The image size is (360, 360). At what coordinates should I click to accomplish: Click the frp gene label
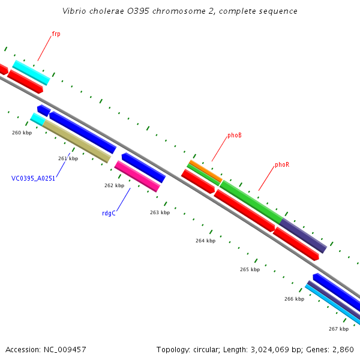click(56, 34)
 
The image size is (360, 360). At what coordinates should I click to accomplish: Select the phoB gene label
click(235, 136)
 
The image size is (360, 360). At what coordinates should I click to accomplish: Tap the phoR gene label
click(282, 164)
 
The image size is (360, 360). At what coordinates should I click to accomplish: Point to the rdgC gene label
click(109, 212)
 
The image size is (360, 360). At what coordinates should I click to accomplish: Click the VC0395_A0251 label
click(33, 178)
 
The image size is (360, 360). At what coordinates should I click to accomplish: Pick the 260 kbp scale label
click(22, 133)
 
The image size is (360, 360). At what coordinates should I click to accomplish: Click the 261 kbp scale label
click(68, 158)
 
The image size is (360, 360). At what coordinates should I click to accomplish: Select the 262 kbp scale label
click(114, 185)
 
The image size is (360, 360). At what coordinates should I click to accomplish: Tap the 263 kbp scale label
click(160, 212)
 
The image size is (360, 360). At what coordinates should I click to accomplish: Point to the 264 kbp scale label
click(205, 241)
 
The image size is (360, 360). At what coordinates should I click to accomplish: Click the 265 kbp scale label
click(250, 269)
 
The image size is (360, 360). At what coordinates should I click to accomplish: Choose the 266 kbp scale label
click(294, 299)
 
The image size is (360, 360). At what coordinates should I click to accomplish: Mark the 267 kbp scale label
click(338, 329)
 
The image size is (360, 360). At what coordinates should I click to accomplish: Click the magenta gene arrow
click(137, 176)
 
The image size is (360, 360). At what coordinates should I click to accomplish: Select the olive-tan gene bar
click(76, 141)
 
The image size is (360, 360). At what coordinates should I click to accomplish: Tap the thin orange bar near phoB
click(205, 170)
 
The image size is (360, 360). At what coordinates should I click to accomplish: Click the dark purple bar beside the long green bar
click(304, 235)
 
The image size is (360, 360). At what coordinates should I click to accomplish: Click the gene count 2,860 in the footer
click(344, 349)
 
